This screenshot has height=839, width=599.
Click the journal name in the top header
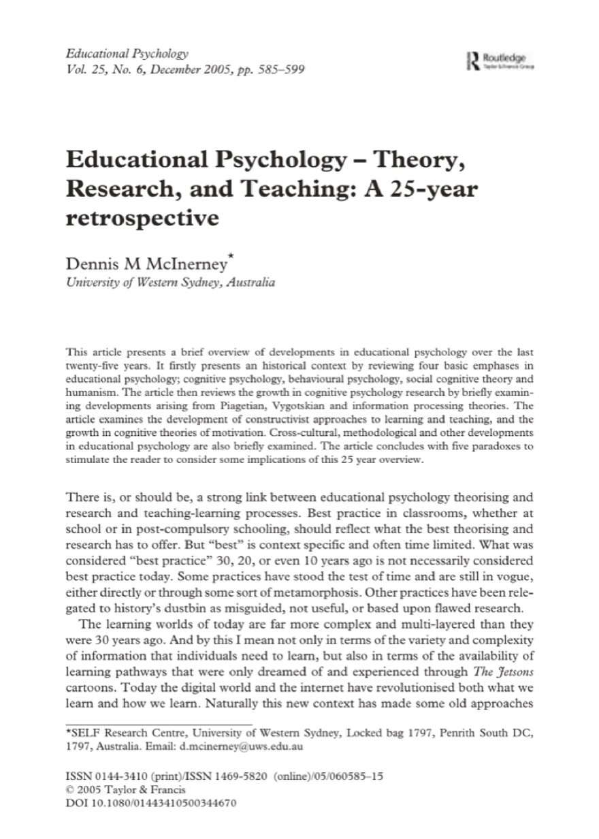point(127,52)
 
